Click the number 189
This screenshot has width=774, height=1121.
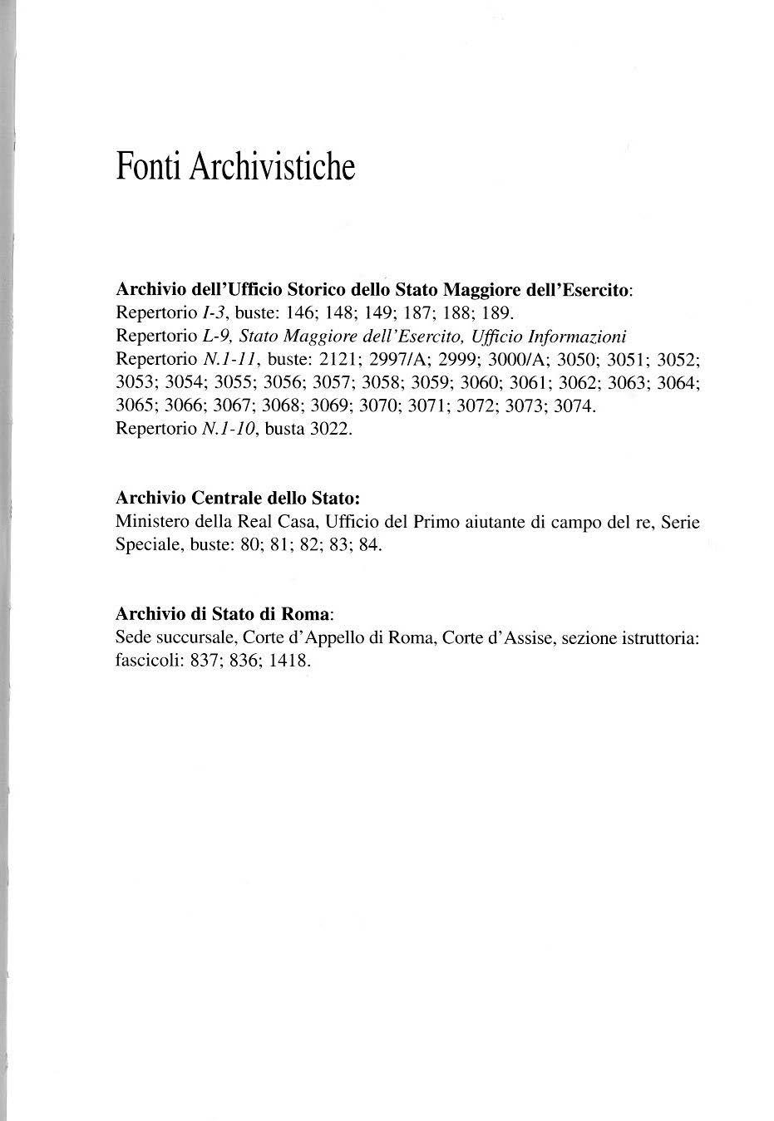[498, 314]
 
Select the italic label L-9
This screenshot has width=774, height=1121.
[215, 337]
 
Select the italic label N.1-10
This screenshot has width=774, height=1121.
[229, 430]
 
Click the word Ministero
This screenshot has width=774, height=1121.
[150, 523]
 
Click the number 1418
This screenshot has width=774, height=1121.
[289, 661]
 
